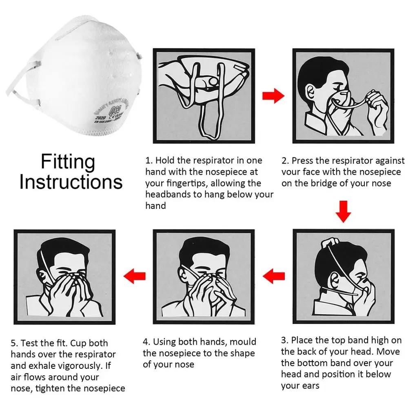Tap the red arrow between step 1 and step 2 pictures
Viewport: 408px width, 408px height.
(x=273, y=96)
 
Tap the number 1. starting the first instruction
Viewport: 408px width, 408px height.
(x=149, y=160)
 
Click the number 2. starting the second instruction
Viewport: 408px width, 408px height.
(x=285, y=161)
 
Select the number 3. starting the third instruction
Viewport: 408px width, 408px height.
(x=285, y=340)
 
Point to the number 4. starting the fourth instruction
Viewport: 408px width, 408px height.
(x=146, y=342)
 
